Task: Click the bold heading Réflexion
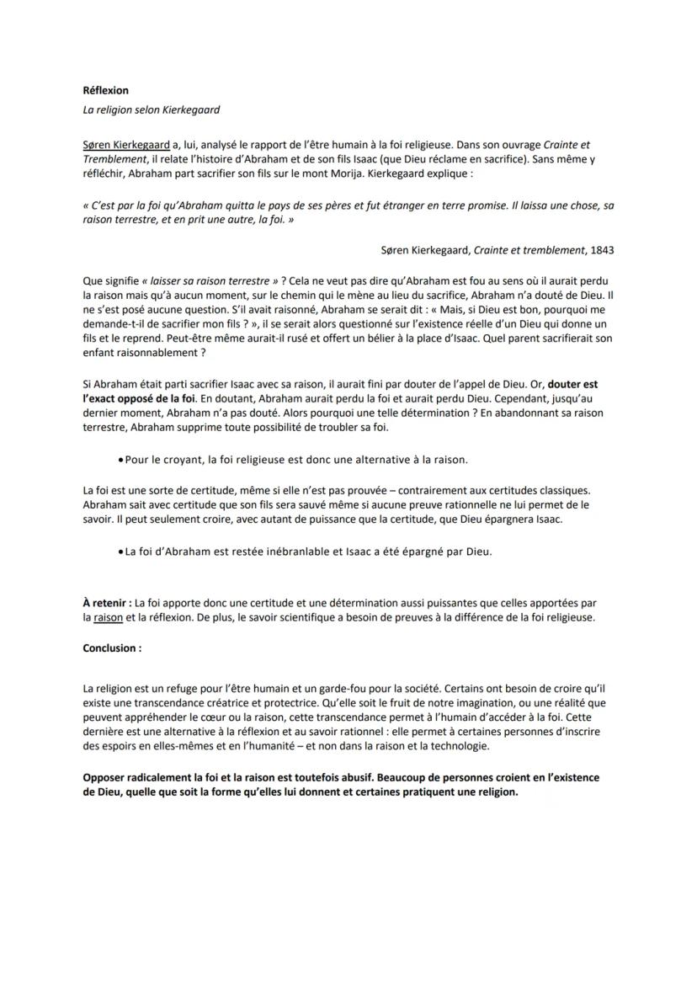click(106, 90)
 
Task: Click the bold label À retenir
click(107, 604)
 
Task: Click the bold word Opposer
click(106, 778)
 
